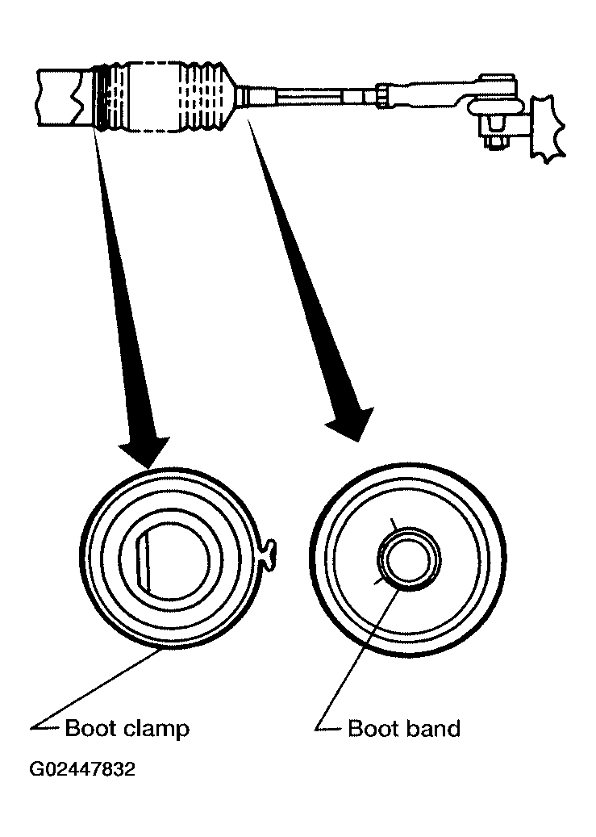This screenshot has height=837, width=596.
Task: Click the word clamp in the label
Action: (156, 729)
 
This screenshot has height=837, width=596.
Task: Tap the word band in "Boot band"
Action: (433, 728)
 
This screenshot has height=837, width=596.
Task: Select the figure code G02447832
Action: (82, 769)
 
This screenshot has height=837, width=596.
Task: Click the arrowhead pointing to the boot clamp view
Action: (145, 450)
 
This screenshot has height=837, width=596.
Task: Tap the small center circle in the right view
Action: (409, 560)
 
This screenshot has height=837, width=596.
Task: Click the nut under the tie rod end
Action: (496, 142)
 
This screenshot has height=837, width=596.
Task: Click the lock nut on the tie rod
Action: (382, 96)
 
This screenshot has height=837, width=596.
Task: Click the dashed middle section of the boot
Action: (154, 97)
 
